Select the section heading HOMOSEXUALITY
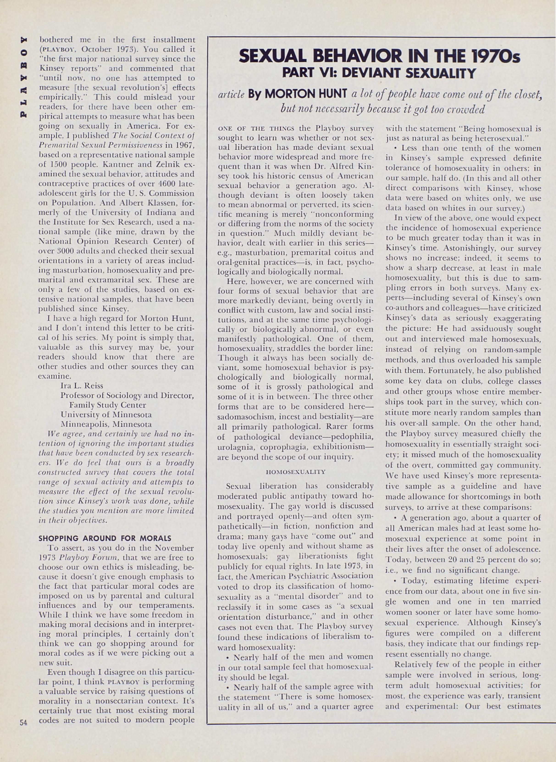[x=296, y=472]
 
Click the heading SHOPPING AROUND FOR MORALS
[x=105, y=538]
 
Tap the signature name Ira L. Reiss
[x=82, y=386]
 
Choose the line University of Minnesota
[x=106, y=414]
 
